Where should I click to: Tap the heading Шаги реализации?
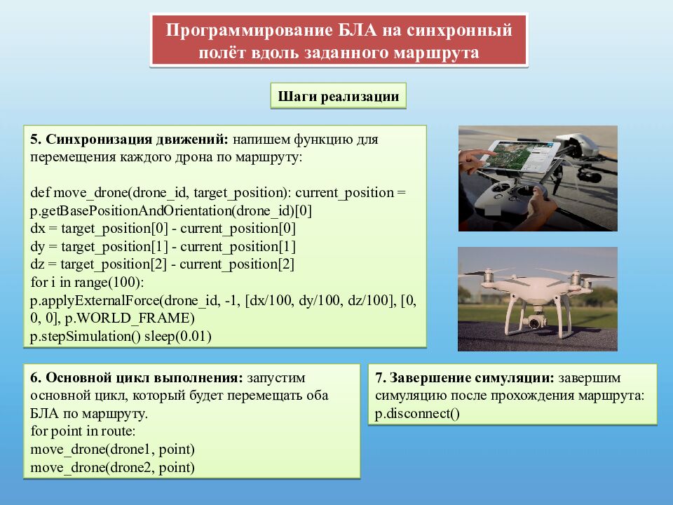[338, 97]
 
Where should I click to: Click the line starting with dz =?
[163, 264]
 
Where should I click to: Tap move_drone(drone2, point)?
[113, 467]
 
